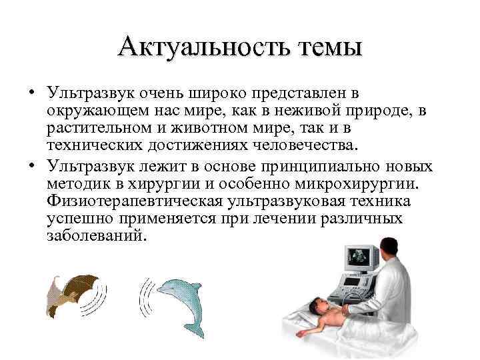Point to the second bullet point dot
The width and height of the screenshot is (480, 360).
(x=31, y=165)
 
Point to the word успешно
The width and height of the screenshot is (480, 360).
(x=77, y=219)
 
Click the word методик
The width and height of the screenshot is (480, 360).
(x=74, y=182)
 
